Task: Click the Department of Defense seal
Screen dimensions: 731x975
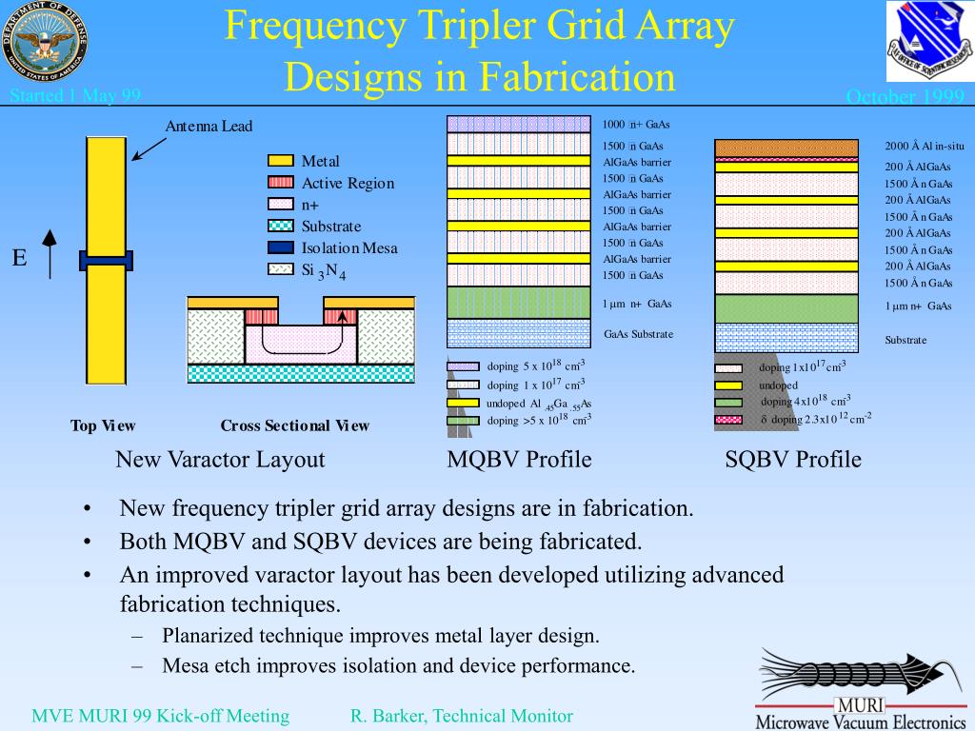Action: (x=43, y=44)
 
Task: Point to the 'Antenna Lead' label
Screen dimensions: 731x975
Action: (x=209, y=127)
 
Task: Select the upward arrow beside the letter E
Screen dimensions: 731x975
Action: (x=50, y=254)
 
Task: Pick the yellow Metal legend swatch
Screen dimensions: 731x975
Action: (x=281, y=161)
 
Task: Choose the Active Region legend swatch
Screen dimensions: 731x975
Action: (x=281, y=183)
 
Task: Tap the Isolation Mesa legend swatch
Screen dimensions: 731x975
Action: (x=281, y=247)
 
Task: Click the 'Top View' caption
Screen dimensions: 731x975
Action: (x=103, y=425)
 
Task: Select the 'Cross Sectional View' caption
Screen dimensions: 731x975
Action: (x=295, y=425)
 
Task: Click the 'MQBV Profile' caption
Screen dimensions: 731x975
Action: (x=519, y=460)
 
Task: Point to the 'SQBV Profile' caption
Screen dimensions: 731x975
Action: (x=793, y=460)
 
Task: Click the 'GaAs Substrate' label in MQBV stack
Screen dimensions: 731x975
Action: (x=638, y=334)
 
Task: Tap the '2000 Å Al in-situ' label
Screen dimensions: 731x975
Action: (x=925, y=146)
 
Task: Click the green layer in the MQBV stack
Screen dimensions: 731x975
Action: (x=518, y=302)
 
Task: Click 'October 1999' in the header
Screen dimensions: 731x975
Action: (x=905, y=97)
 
